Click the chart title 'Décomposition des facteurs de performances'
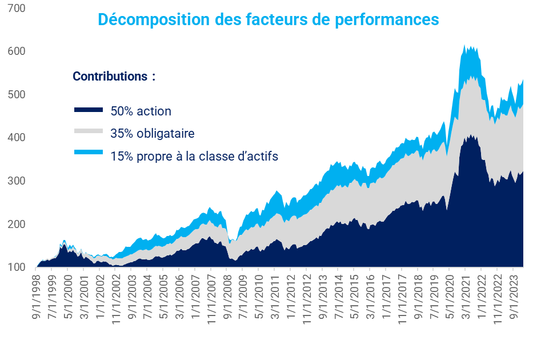pos(268,19)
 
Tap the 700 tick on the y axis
pos(17,9)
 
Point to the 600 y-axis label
pos(17,51)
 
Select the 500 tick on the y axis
pos(17,94)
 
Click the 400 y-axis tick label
pos(17,138)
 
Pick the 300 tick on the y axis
pos(17,181)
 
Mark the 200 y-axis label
pos(17,224)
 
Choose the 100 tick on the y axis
pos(17,267)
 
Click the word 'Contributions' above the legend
pos(110,76)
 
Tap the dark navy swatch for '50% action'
pos(89,110)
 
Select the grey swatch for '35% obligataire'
pos(89,131)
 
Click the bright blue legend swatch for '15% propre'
pos(89,153)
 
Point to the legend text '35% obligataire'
pos(153,134)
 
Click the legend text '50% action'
pos(141,111)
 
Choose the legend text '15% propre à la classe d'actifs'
pos(194,155)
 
